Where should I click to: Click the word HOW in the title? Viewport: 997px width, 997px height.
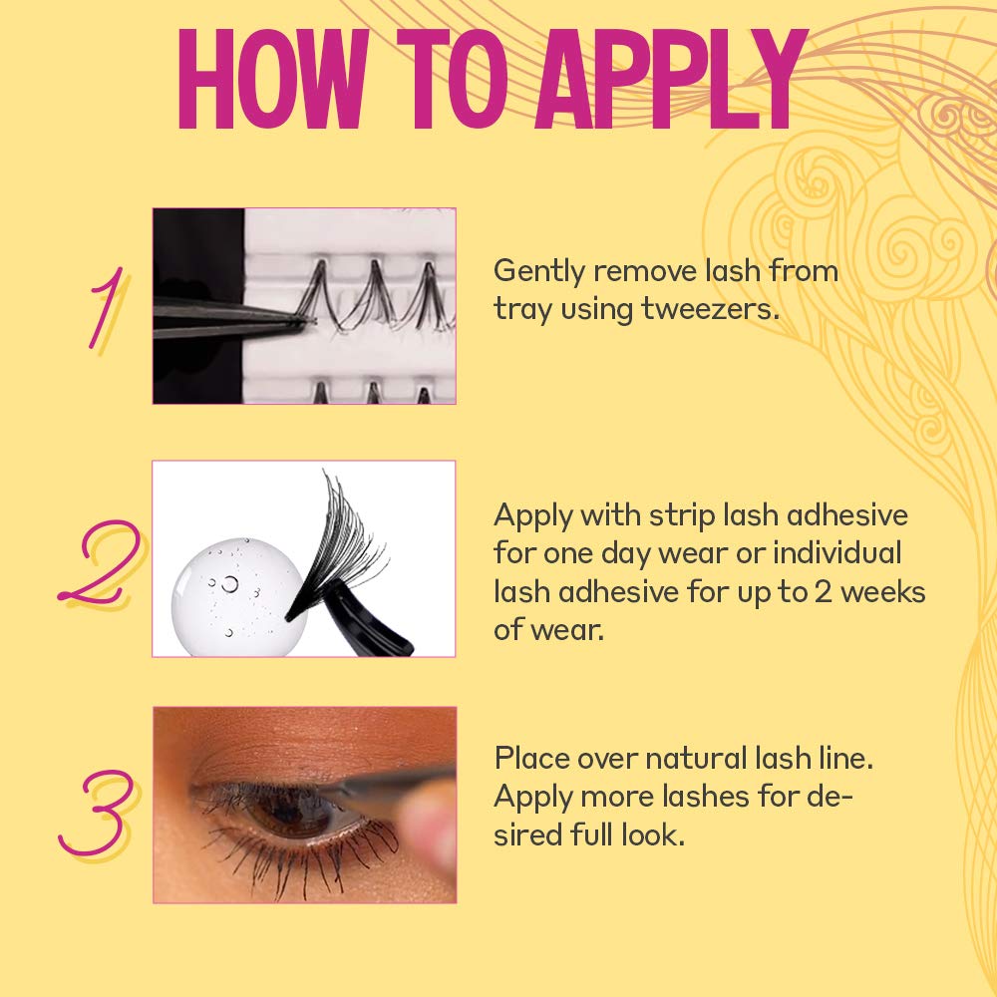click(x=273, y=80)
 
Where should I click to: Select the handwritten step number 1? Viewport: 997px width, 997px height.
click(x=107, y=309)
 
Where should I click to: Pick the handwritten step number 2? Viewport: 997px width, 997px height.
click(x=101, y=561)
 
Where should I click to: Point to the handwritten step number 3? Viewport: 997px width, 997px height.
click(x=99, y=813)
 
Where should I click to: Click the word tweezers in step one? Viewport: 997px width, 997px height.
click(x=710, y=310)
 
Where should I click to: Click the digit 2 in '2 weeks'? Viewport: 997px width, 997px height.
click(x=824, y=592)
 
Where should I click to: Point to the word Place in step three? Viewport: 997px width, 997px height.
click(x=531, y=759)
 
